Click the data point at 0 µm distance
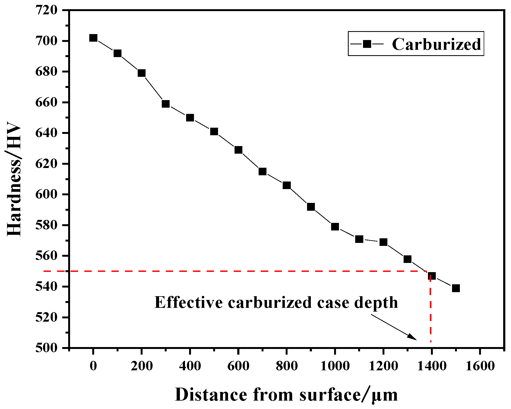(x=93, y=38)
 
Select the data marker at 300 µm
(x=166, y=104)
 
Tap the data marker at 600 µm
(x=238, y=150)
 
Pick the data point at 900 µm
(x=311, y=207)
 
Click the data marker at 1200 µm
(x=383, y=242)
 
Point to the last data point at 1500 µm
(x=456, y=288)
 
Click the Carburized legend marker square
(x=367, y=44)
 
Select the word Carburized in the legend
(x=436, y=44)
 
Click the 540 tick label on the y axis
(x=46, y=287)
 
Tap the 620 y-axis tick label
(x=46, y=164)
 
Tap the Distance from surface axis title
(x=286, y=395)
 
